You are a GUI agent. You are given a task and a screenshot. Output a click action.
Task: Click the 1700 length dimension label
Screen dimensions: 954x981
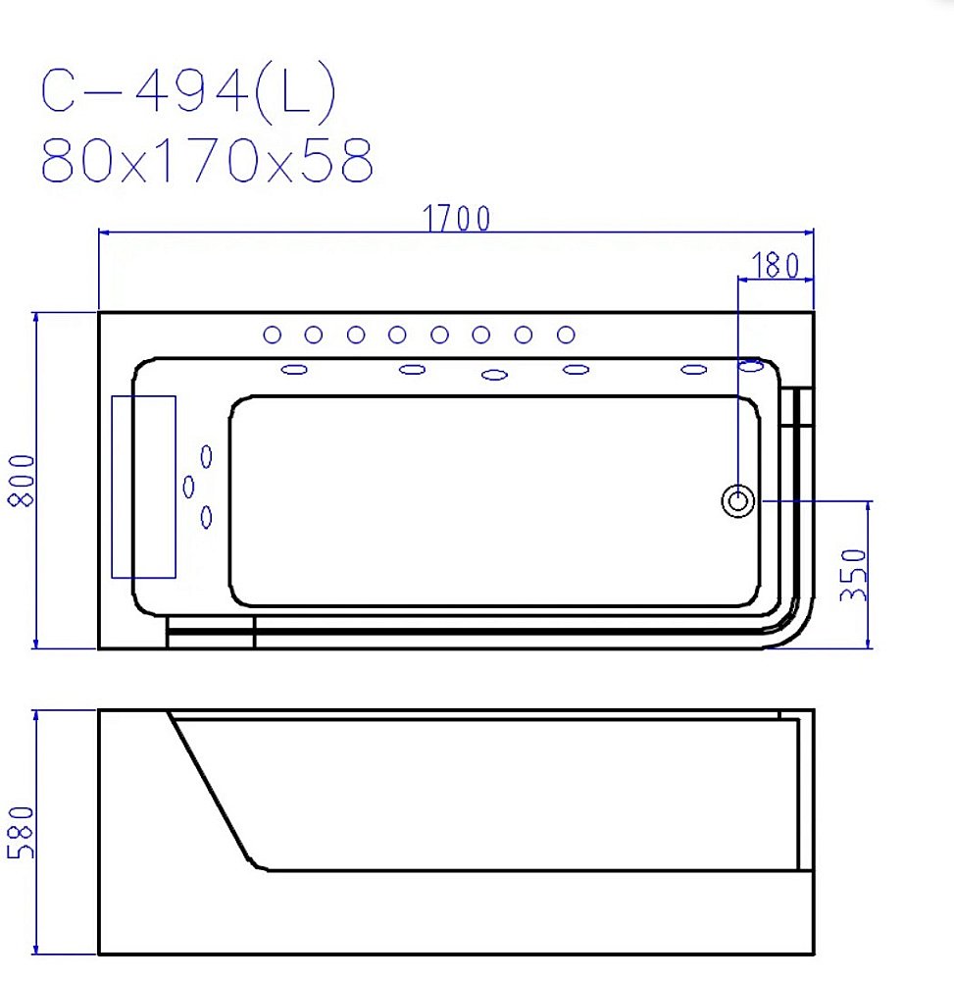[x=456, y=219]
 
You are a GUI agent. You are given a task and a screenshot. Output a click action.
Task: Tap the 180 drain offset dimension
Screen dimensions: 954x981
[x=776, y=265]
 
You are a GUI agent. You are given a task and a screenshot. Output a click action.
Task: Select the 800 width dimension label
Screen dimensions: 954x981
[x=22, y=481]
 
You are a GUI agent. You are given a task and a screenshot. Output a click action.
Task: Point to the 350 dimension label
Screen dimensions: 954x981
[x=853, y=575]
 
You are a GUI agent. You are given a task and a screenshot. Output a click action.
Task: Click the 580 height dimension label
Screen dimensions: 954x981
[x=21, y=832]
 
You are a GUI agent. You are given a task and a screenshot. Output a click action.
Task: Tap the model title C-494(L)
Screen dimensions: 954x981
[x=188, y=91]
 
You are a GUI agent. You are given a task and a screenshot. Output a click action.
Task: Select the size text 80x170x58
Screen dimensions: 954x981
[x=207, y=160]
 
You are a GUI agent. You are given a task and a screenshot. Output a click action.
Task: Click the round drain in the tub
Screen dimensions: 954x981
[x=738, y=500]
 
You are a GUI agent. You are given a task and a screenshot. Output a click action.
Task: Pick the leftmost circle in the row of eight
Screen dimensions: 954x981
[x=272, y=335]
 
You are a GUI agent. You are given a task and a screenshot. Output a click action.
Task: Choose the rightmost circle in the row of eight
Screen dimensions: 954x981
[x=566, y=335]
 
